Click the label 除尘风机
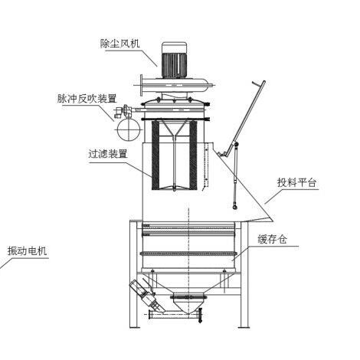119,43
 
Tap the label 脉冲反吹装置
87,99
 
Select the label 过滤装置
107,154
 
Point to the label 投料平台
296,182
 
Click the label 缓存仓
273,239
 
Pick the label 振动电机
27,251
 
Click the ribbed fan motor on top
175,60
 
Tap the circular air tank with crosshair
129,129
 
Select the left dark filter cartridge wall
155,155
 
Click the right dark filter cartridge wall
193,155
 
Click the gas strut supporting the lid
236,175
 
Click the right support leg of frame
244,274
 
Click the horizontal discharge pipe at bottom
175,315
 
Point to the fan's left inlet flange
141,85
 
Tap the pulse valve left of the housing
123,111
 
